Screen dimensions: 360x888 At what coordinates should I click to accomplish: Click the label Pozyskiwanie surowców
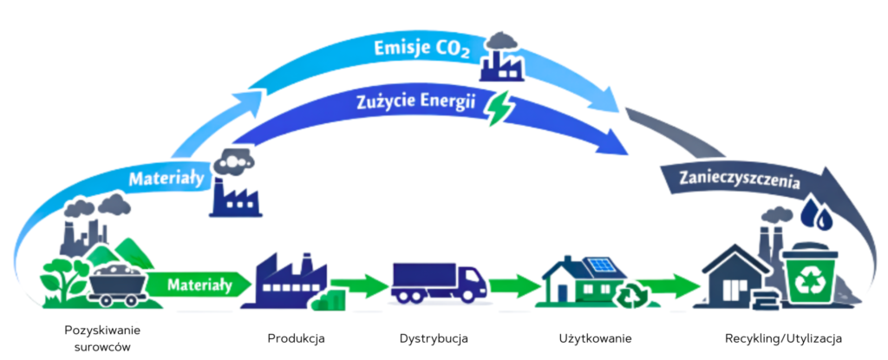pos(102,337)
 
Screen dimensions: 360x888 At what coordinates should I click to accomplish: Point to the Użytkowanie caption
pos(595,337)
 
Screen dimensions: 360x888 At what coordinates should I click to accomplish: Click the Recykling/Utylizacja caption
pos(783,337)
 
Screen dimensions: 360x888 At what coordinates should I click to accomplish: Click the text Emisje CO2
pos(421,50)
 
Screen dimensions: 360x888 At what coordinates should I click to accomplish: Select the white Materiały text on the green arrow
pos(199,283)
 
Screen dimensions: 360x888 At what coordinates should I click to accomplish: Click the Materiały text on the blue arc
pos(166,180)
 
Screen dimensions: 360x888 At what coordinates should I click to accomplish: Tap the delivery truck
pos(438,282)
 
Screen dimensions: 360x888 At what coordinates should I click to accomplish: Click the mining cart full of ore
pos(116,283)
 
